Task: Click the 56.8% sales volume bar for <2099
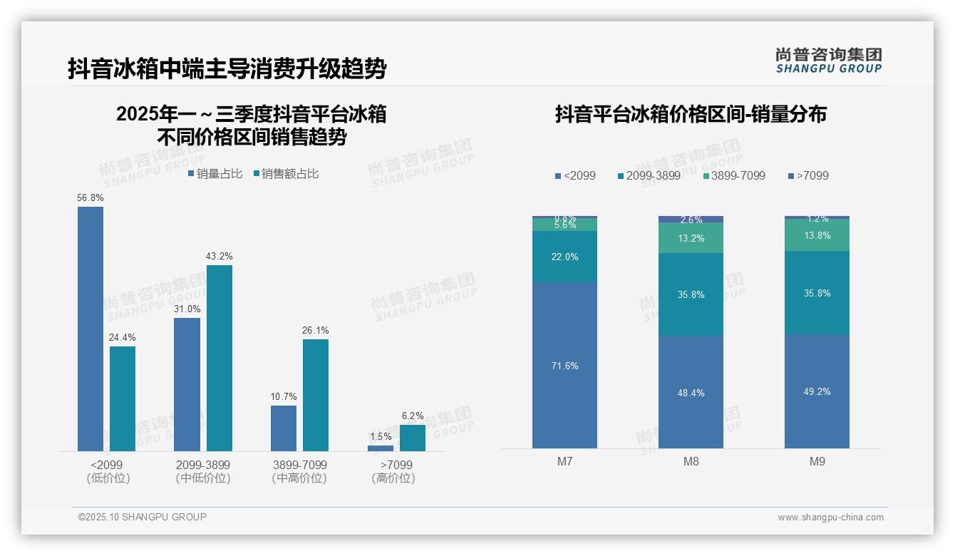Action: (91, 329)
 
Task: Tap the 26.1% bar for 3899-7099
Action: (316, 395)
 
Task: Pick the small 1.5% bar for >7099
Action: (381, 448)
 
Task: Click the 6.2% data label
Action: (413, 416)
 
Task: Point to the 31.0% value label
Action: (187, 309)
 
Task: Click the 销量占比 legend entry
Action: (215, 173)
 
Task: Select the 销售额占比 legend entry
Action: (286, 173)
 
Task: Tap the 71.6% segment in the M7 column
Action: (564, 365)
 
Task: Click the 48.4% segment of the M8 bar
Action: (691, 392)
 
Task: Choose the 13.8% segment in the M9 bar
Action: (817, 235)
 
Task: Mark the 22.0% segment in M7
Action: (564, 257)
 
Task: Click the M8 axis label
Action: (691, 461)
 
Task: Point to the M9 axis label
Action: (817, 461)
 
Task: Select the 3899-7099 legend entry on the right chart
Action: (733, 175)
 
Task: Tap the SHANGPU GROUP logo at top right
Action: (828, 61)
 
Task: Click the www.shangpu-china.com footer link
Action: (830, 518)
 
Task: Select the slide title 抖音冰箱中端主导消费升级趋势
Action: (227, 68)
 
